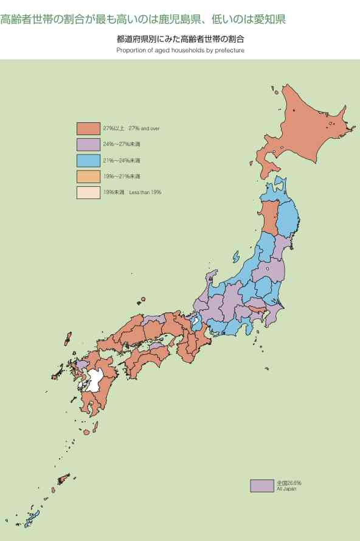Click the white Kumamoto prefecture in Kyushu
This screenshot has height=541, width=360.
click(x=94, y=380)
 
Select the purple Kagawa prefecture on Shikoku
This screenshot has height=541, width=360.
click(x=156, y=346)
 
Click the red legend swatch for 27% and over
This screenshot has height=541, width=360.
click(x=88, y=128)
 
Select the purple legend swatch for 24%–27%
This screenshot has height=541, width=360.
click(x=88, y=145)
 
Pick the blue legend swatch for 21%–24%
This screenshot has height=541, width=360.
click(x=88, y=161)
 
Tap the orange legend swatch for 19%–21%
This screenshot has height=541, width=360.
click(x=88, y=176)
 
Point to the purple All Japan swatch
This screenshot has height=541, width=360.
click(x=261, y=486)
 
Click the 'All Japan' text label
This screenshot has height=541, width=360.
click(x=286, y=489)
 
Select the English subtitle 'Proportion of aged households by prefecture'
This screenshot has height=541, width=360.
click(x=180, y=50)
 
